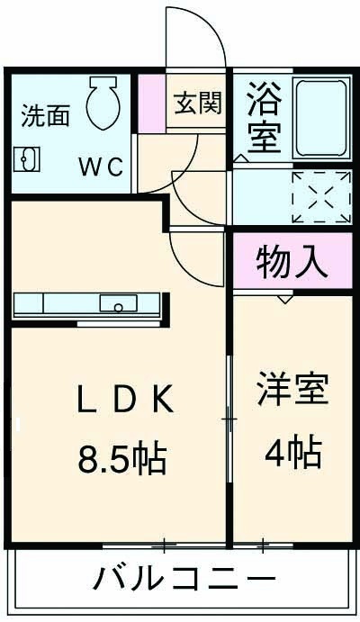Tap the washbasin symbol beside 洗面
[25, 159]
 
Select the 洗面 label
[44, 115]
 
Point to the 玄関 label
[196, 104]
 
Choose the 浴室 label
[264, 117]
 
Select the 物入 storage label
[290, 262]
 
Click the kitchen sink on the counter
[116, 303]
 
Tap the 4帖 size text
[292, 453]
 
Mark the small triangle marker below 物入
[284, 298]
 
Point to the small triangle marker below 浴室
[240, 157]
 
